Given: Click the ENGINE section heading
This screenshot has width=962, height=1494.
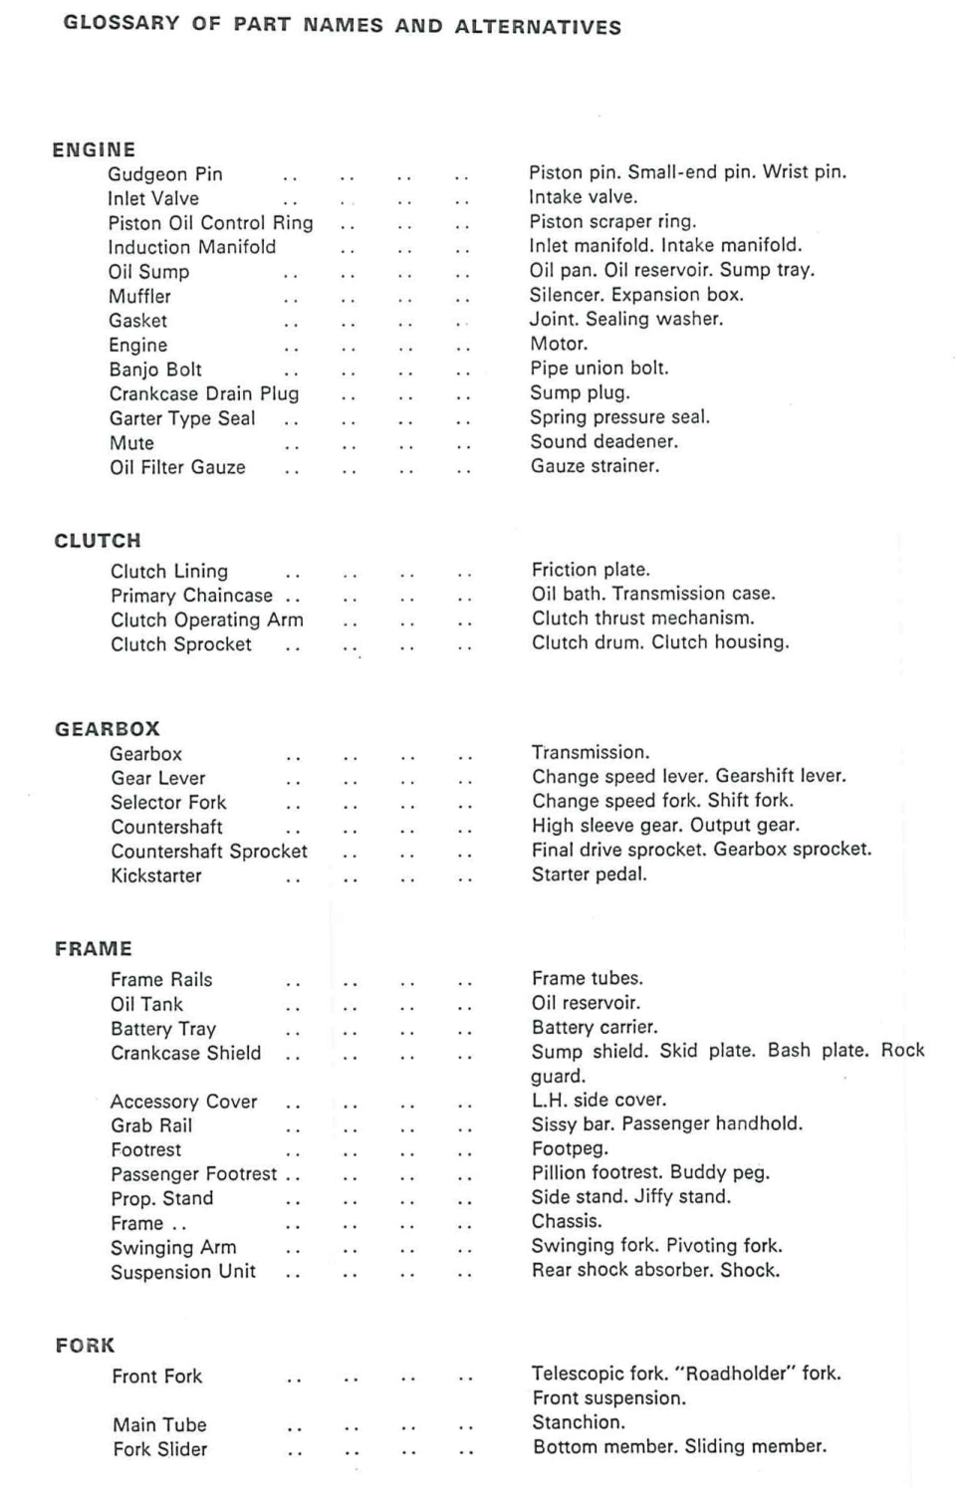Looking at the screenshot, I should pos(94,150).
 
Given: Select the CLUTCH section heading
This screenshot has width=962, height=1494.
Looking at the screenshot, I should pos(98,541).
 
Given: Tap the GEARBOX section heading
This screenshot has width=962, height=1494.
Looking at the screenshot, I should pos(107,729).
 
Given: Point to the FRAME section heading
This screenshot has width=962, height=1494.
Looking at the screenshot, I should pos(94,949).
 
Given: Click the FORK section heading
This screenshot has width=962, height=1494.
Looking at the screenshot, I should pos(86,1346).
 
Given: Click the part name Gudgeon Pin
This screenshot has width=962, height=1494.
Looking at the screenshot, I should pos(165,174).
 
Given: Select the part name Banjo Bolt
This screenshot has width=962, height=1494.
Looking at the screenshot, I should pos(155,370).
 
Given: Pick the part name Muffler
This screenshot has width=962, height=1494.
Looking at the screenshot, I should pos(140,297).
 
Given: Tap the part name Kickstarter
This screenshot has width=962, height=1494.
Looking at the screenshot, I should pos(156,876).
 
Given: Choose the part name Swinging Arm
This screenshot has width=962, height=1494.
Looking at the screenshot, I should pos(173,1248).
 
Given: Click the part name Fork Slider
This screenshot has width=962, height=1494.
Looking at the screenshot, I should pos(160,1449).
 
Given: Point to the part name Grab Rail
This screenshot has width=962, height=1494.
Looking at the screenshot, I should pos(151,1125).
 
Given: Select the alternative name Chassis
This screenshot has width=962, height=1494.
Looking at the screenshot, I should pos(567,1221).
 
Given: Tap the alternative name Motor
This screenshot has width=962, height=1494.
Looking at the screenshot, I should pos(559,344).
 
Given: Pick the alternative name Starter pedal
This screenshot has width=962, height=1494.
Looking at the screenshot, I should pos(590,874).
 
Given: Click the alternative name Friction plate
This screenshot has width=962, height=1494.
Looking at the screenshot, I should pos(591,570).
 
